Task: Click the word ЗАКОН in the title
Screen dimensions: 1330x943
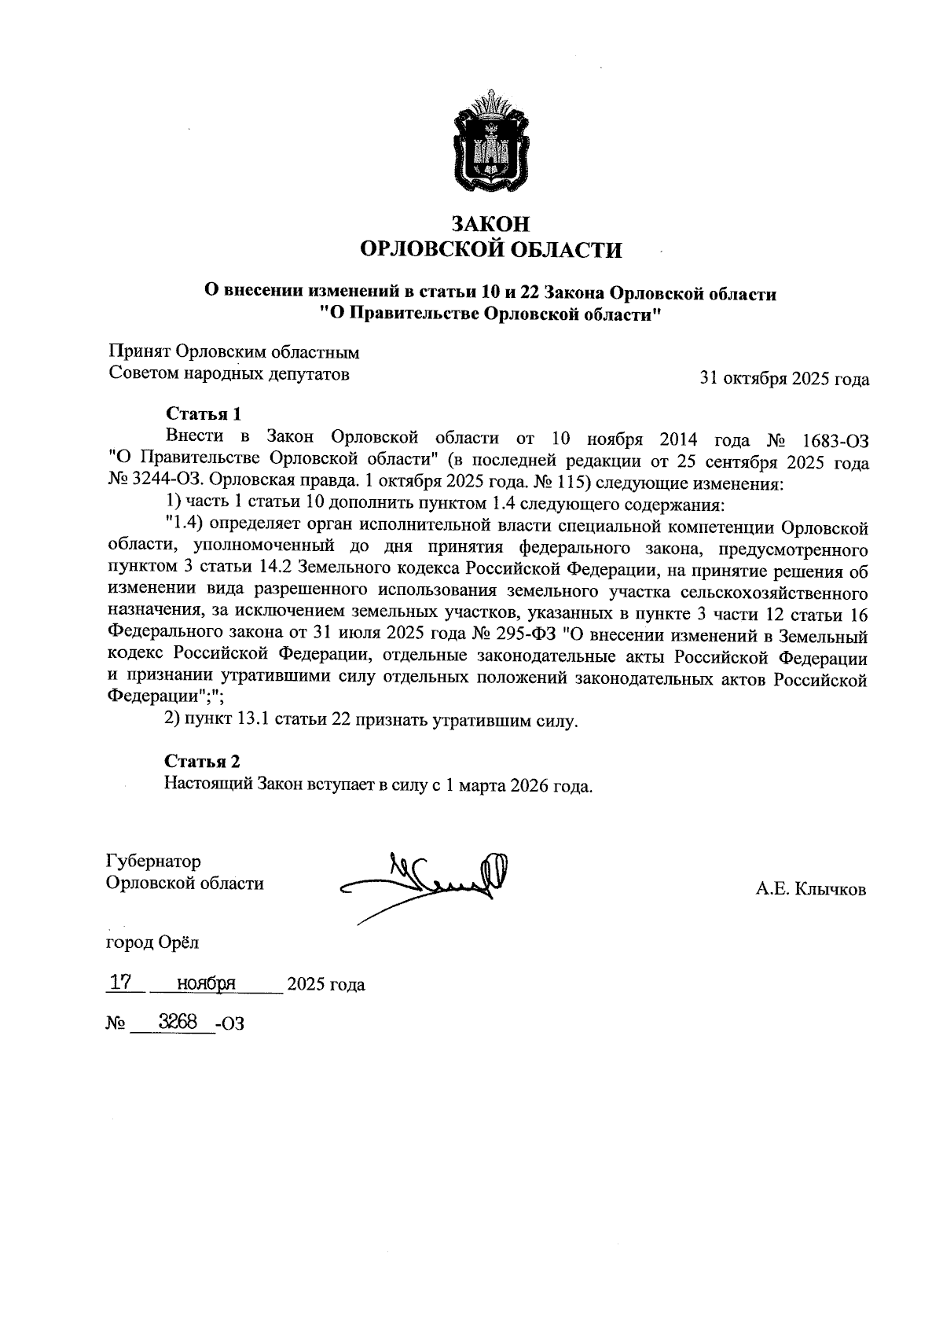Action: click(x=490, y=223)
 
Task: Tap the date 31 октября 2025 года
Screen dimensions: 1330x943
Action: click(x=784, y=380)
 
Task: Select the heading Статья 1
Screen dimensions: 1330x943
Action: click(x=202, y=413)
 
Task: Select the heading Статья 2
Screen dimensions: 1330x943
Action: click(x=202, y=760)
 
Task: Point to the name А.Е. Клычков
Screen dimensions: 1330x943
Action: click(x=811, y=889)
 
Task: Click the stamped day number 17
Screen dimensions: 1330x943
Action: click(x=120, y=982)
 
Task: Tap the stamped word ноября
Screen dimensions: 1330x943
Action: click(x=207, y=983)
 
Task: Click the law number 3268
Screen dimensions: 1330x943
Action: click(x=177, y=1022)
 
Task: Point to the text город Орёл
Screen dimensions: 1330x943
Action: click(x=153, y=941)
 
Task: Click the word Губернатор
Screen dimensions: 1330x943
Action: click(x=153, y=862)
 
